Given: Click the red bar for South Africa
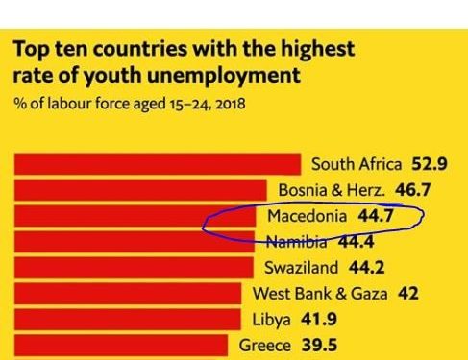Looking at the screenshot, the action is [158, 164].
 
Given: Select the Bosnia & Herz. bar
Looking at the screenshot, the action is [140, 190].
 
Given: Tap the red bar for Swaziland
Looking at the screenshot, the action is [134, 268].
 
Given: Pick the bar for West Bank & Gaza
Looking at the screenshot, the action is [128, 294].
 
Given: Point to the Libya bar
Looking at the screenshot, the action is [128, 319].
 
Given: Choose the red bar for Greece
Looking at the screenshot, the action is [121, 345].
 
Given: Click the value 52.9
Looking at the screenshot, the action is [430, 164].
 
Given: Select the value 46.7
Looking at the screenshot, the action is [413, 190].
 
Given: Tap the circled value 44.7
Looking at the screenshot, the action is [376, 216].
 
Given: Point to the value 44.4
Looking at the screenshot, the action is [356, 242].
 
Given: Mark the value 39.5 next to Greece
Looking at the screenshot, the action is [319, 346].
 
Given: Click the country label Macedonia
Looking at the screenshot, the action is [308, 216].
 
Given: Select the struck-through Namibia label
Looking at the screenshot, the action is [297, 242].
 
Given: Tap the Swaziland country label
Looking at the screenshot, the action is [301, 268].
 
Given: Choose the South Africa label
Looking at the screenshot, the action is [357, 164].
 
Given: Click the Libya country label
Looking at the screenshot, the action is [271, 320].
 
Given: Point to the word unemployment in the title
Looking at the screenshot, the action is [224, 76].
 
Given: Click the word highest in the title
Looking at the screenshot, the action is [317, 50].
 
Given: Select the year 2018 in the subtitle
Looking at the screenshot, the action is [231, 105].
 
